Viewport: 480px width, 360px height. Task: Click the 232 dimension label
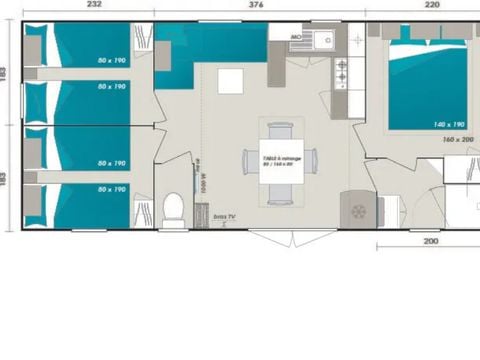[x=93, y=5]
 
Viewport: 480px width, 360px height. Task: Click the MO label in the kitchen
[x=296, y=37]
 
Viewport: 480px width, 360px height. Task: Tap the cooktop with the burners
[x=342, y=72]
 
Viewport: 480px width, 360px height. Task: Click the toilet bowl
[x=172, y=208]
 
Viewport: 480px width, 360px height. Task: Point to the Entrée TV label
[x=224, y=215]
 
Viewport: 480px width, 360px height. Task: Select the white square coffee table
[x=231, y=80]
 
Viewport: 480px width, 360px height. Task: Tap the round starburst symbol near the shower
[x=357, y=211]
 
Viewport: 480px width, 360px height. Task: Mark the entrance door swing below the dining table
[x=278, y=237]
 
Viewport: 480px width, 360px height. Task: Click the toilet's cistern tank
[x=172, y=222]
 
